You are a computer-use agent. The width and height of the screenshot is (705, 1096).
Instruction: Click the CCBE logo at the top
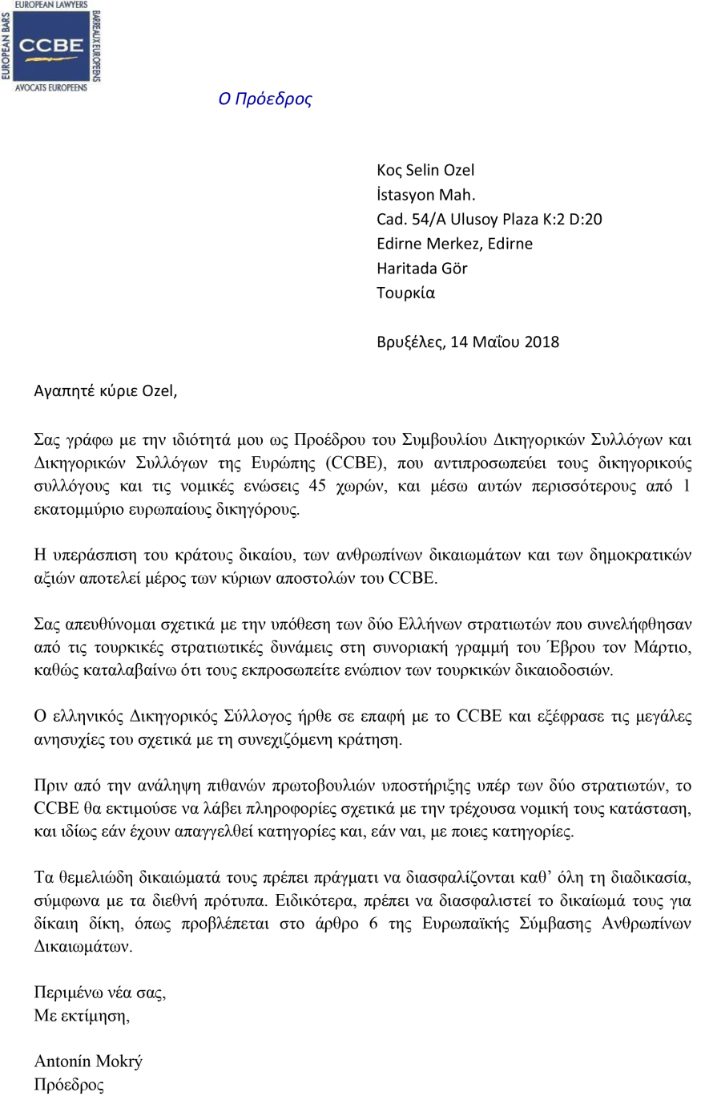click(51, 46)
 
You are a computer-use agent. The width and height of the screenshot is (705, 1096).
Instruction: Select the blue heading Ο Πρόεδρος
click(264, 99)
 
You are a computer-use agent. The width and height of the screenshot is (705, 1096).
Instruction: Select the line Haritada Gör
click(421, 268)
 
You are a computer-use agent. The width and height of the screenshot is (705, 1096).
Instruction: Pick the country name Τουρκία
click(405, 293)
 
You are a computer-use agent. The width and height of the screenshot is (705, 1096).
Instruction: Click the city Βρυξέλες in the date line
click(409, 342)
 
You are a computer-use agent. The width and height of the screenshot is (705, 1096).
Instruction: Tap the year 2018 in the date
click(542, 342)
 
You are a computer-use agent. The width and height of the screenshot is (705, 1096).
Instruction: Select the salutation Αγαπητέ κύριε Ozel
click(105, 391)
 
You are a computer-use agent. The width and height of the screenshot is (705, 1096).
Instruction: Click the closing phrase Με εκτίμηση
click(81, 1016)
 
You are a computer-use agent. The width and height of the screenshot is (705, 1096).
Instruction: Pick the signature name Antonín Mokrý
click(88, 1062)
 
